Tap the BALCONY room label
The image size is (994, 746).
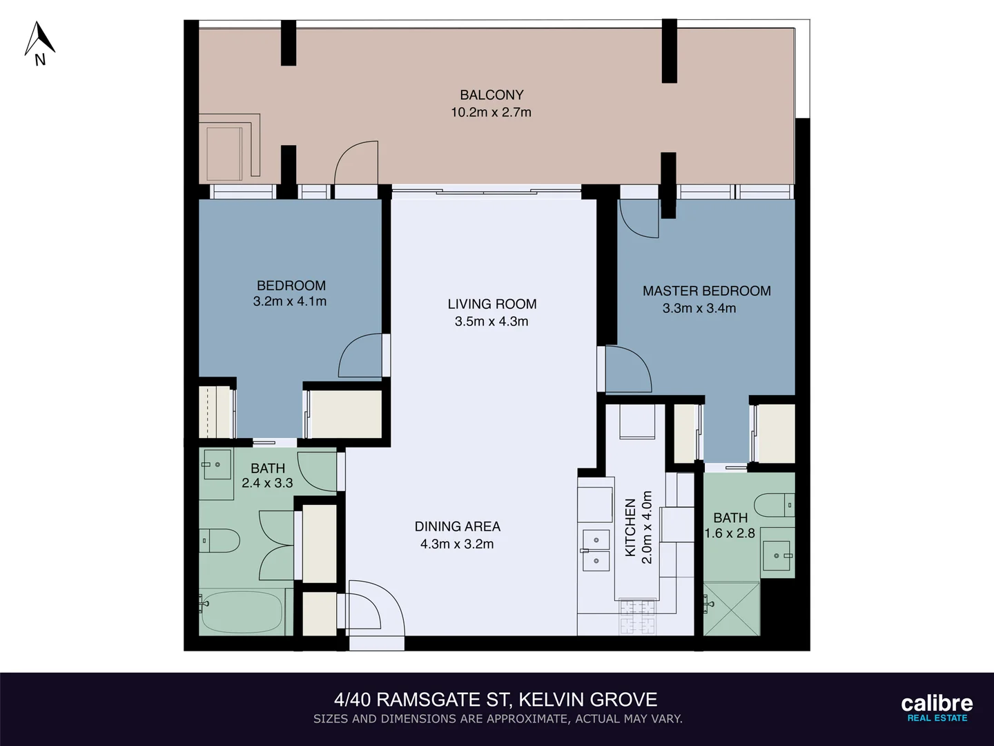pyautogui.click(x=491, y=95)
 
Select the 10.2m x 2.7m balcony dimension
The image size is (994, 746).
pyautogui.click(x=491, y=113)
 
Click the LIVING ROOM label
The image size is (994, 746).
pyautogui.click(x=491, y=304)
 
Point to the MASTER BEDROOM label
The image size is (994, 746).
pyautogui.click(x=706, y=291)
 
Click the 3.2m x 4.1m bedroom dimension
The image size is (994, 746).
pyautogui.click(x=290, y=302)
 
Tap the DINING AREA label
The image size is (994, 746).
pyautogui.click(x=457, y=526)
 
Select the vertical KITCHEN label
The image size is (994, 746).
pyautogui.click(x=630, y=528)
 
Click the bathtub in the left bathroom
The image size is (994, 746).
pyautogui.click(x=242, y=611)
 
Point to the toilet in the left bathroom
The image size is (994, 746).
pyautogui.click(x=220, y=540)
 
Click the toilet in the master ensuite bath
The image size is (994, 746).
pyautogui.click(x=774, y=505)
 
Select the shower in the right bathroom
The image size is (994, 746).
pyautogui.click(x=732, y=608)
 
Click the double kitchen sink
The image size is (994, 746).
pyautogui.click(x=596, y=551)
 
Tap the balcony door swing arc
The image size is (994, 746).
pyautogui.click(x=356, y=163)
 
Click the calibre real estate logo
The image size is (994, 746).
pyautogui.click(x=937, y=708)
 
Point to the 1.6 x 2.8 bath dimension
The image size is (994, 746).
pyautogui.click(x=730, y=534)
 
